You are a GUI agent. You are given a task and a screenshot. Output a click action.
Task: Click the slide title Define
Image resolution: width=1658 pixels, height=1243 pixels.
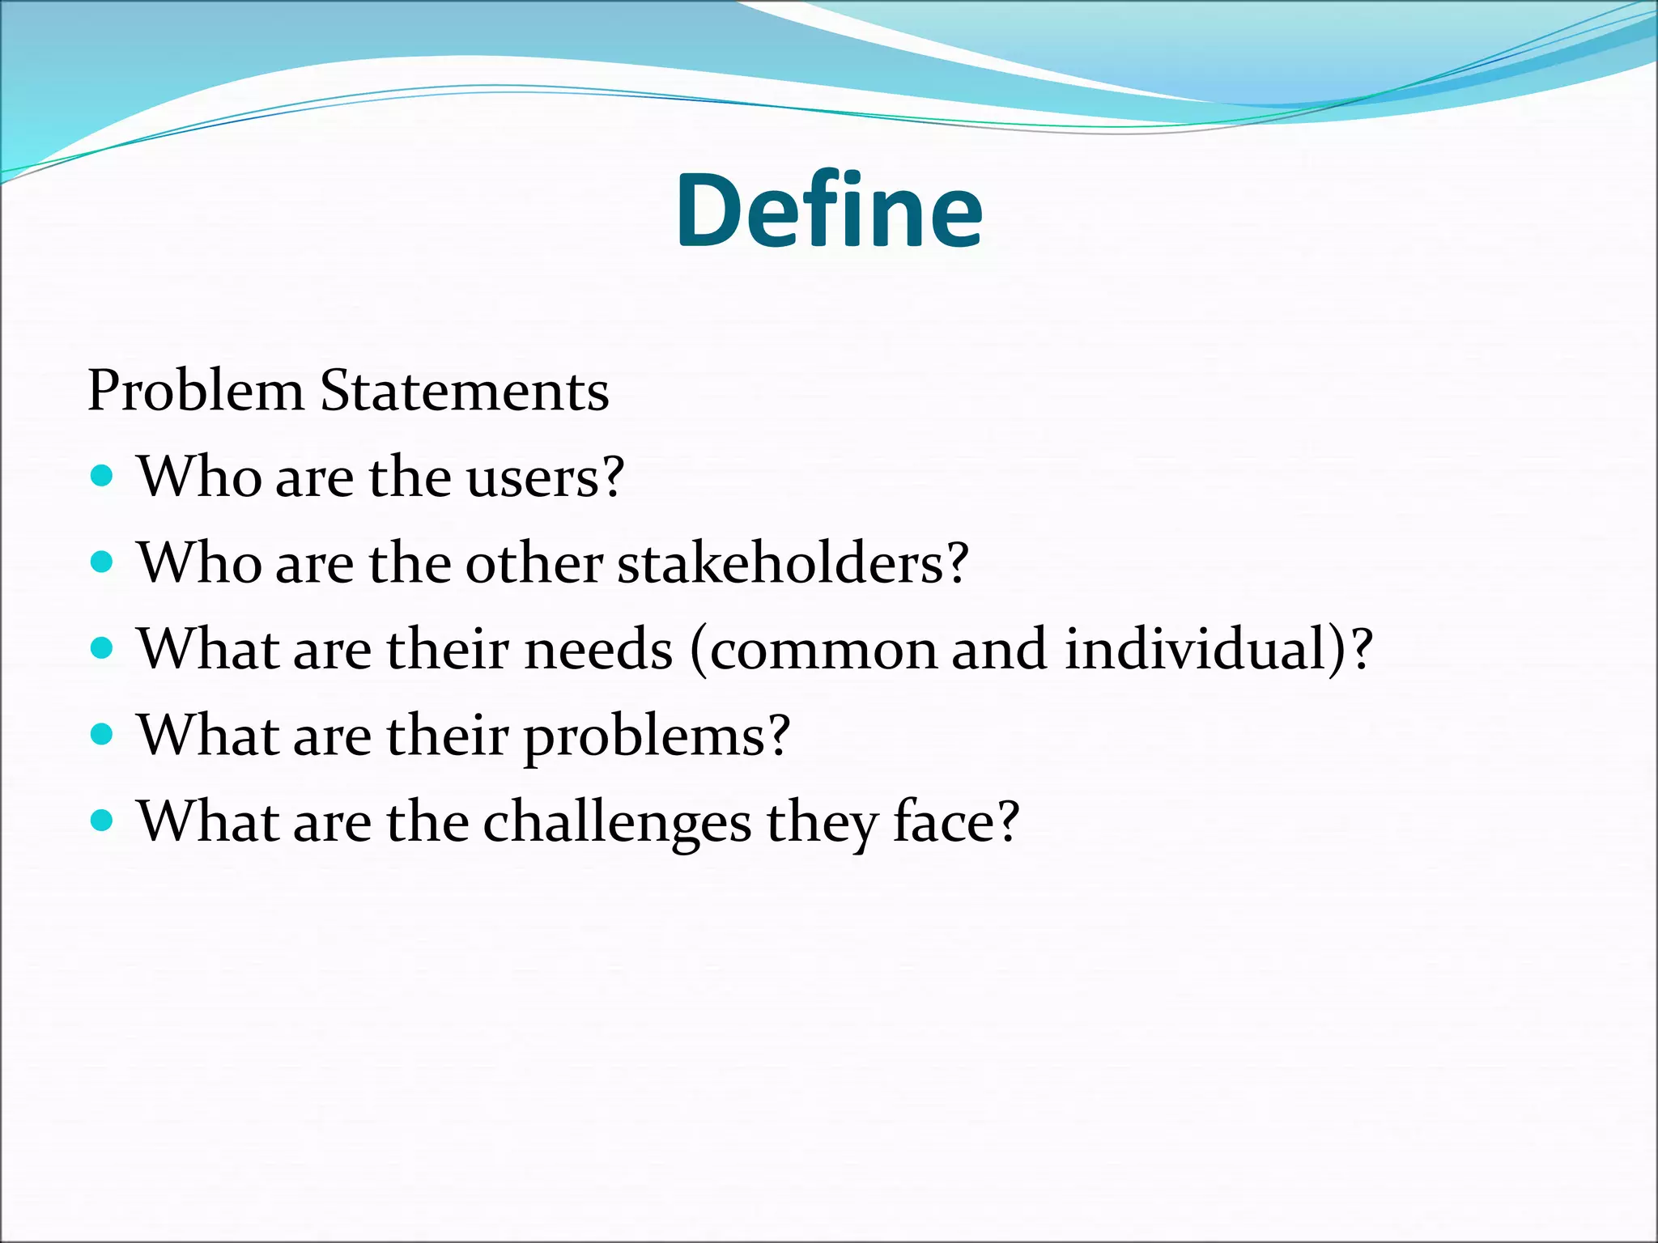829,212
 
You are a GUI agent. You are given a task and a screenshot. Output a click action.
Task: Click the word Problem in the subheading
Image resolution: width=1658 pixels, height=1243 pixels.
195,392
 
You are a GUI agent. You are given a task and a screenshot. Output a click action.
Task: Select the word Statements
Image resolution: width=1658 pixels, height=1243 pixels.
464,392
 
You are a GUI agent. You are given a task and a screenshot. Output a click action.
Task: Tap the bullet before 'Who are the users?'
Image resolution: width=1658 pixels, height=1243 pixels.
101,475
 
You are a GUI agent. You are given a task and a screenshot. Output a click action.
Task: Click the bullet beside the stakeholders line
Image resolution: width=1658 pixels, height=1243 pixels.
101,562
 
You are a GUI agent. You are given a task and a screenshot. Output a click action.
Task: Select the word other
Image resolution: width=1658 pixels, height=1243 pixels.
534,563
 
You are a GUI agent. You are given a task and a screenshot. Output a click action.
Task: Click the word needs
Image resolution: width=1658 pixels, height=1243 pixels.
598,650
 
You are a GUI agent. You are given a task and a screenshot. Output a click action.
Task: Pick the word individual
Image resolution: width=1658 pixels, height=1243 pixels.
1197,650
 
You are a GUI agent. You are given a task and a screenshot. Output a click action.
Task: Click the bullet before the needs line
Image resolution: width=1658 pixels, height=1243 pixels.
101,648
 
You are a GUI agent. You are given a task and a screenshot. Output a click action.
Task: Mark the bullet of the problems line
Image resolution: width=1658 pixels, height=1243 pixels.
101,734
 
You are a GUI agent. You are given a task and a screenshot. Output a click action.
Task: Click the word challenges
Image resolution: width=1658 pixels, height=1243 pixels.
617,824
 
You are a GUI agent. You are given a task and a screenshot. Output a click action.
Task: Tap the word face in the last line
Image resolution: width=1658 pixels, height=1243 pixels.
944,822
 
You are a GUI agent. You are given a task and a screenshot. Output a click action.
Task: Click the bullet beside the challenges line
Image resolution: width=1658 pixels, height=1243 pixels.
101,821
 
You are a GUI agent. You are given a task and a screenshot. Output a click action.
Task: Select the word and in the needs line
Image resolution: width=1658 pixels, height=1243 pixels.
999,650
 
